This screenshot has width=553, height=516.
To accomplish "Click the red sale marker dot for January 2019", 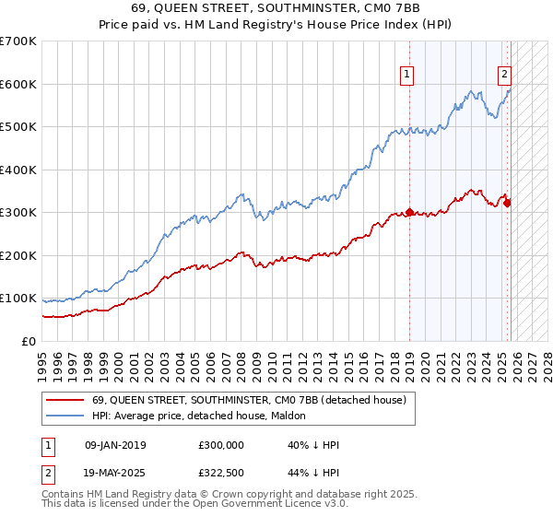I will tap(409, 212).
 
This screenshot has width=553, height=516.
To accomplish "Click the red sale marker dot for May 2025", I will tap(507, 203).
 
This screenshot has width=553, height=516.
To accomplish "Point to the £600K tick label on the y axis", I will tap(18, 84).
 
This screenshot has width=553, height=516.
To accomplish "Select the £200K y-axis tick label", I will tap(18, 255).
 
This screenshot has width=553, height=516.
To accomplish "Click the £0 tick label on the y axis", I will tap(28, 341).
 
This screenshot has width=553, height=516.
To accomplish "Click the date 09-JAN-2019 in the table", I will tap(115, 445).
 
